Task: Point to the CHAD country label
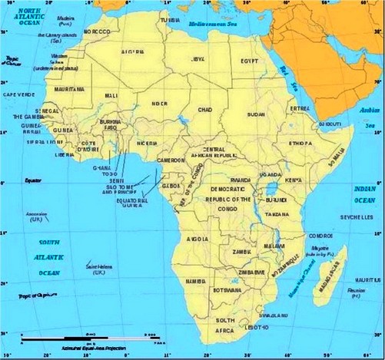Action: (205, 110)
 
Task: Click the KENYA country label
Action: (294, 180)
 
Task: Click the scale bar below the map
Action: (85, 337)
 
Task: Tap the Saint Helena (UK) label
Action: (102, 269)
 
